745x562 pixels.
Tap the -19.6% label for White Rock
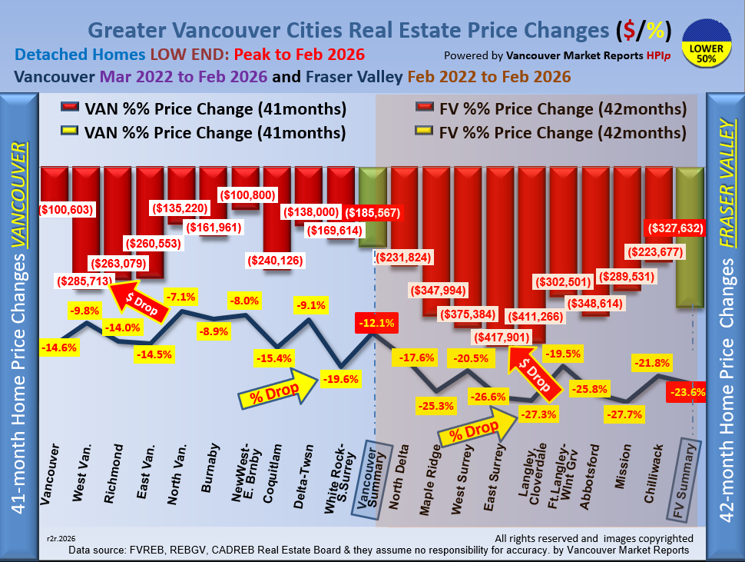(x=339, y=378)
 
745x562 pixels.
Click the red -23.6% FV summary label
(x=688, y=391)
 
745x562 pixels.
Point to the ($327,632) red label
(x=679, y=228)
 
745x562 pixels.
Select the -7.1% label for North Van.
(x=183, y=297)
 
